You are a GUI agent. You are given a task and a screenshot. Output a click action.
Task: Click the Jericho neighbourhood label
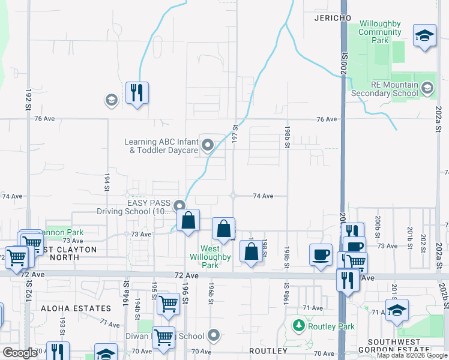[x=333, y=18]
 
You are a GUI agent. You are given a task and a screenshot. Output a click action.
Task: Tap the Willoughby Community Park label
[x=380, y=32]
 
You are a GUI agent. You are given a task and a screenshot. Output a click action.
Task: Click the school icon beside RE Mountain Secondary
[x=427, y=89]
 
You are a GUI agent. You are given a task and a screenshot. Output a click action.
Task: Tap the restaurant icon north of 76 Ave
[x=137, y=93]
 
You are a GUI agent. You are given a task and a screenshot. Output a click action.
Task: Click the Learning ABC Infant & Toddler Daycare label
[x=161, y=146]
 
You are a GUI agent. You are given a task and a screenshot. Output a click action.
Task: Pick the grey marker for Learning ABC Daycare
[x=208, y=145]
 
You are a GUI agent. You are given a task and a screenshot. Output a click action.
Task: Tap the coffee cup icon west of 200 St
[x=321, y=254]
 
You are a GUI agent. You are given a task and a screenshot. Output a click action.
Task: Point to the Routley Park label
[x=331, y=327]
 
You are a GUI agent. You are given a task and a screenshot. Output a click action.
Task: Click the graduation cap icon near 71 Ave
[x=397, y=310]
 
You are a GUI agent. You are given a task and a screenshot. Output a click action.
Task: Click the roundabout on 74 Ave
[x=233, y=196]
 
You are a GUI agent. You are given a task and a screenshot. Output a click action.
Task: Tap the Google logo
[x=20, y=353]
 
